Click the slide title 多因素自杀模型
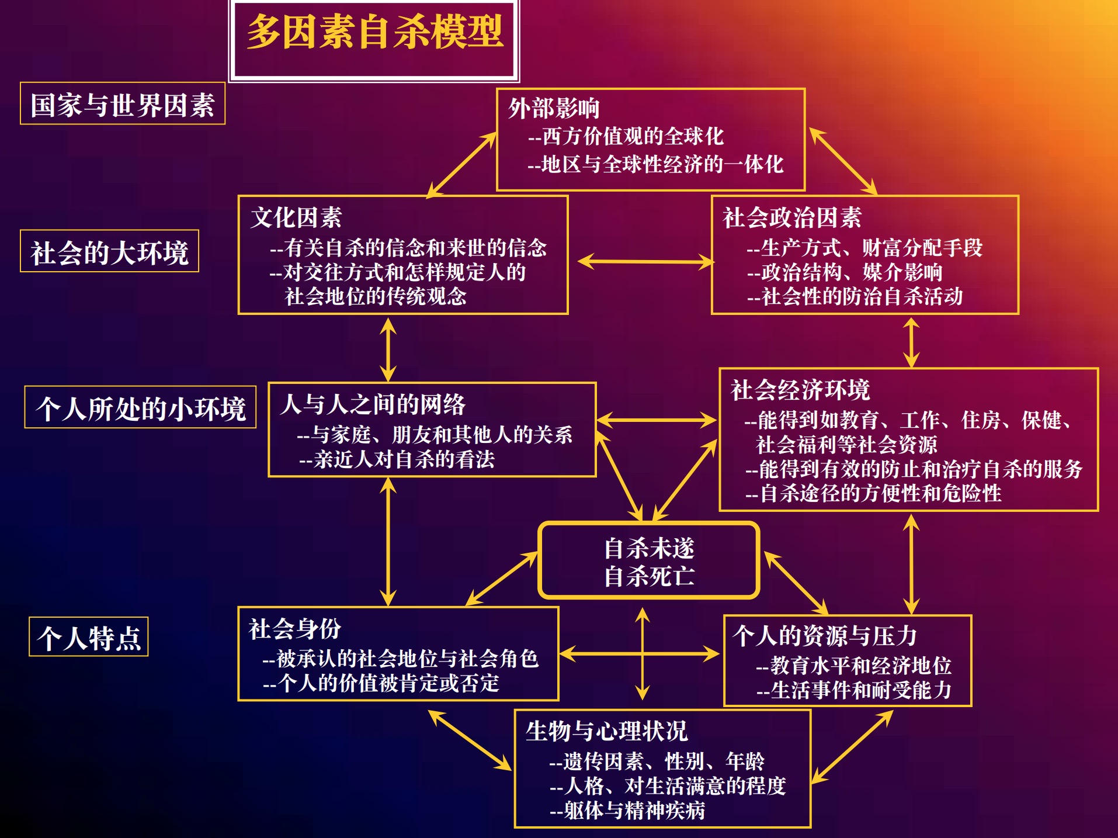click(374, 33)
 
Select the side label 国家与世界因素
click(123, 105)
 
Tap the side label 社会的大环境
click(110, 252)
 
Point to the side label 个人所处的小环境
click(140, 408)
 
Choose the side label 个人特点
click(89, 638)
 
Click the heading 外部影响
click(554, 109)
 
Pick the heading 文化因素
click(296, 218)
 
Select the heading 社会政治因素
click(792, 218)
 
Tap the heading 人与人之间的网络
click(373, 404)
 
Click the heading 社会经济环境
click(800, 390)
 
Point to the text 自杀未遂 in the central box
click(649, 548)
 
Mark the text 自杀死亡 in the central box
click(649, 577)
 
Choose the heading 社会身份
click(295, 629)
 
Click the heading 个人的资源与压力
click(825, 636)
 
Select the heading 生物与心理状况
click(606, 732)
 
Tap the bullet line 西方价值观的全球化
click(626, 137)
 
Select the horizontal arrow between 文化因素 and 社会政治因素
click(645, 261)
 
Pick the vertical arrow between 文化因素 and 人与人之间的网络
click(388, 349)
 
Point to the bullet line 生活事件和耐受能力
click(854, 691)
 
